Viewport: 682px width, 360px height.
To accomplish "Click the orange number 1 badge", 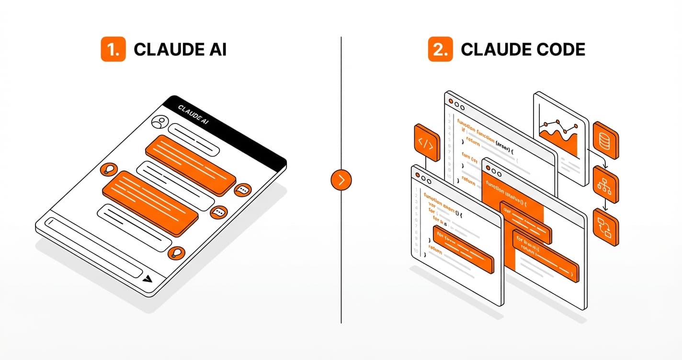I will pos(113,49).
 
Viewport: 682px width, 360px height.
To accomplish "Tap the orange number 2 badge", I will pos(440,49).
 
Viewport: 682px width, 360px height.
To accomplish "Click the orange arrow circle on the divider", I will pos(341,180).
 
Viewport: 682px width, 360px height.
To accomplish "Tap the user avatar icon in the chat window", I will pos(159,123).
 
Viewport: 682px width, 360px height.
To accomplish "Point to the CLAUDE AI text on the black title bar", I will pos(193,115).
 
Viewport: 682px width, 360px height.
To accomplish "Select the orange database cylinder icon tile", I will pos(605,140).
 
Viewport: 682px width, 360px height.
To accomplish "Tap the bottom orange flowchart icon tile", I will pos(605,227).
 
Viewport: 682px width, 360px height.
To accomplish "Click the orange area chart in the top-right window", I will pos(559,139).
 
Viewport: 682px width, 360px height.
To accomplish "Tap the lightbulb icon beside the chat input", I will pos(177,253).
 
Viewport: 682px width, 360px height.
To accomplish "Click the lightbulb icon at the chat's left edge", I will pos(109,169).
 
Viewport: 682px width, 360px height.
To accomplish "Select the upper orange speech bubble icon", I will pos(243,190).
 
